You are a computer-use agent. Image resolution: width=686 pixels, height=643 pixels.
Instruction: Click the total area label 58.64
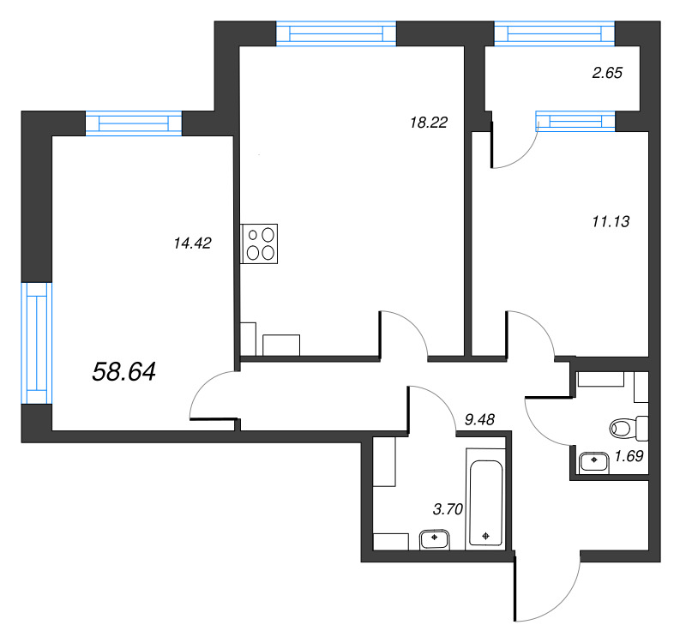[x=123, y=372]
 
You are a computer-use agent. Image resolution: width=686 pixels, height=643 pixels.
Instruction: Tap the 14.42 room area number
[x=192, y=243]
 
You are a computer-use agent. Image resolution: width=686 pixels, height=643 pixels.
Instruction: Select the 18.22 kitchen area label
[x=429, y=123]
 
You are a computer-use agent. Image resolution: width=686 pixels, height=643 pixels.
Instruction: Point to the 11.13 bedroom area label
[x=611, y=222]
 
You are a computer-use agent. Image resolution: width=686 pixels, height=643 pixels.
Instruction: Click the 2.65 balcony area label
[x=607, y=73]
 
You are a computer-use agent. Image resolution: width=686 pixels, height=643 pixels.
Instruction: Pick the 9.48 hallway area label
[x=479, y=420]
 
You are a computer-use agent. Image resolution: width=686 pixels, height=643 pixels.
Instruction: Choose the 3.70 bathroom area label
[x=448, y=509]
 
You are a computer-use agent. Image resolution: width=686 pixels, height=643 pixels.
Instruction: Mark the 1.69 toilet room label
[x=629, y=457]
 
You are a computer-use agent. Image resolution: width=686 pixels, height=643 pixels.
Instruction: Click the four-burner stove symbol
[x=259, y=244]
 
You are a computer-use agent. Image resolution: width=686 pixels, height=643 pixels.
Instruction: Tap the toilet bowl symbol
[x=629, y=429]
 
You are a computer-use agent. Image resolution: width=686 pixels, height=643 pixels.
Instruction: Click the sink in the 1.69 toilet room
[x=593, y=463]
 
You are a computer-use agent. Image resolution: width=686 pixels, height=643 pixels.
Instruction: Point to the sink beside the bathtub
[x=435, y=539]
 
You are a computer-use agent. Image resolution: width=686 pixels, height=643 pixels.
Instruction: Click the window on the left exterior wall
[x=37, y=343]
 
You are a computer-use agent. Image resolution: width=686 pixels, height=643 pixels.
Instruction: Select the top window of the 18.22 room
[x=336, y=33]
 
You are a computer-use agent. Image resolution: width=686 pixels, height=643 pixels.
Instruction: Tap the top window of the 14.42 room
[x=134, y=123]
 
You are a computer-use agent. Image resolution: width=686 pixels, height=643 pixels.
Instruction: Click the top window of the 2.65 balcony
[x=554, y=33]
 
